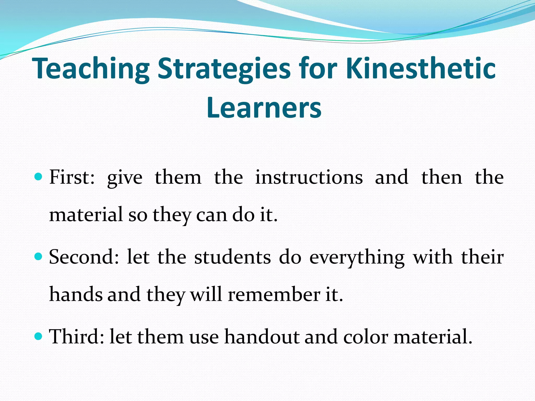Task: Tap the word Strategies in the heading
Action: coord(224,68)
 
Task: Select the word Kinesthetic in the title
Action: coord(421,68)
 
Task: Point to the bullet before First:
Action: coord(38,177)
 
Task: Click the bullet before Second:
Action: coord(38,257)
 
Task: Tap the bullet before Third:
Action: coord(38,337)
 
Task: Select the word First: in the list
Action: coord(72,177)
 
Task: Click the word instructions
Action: coord(309,177)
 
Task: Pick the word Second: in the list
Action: coord(84,257)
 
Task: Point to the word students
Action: coord(232,257)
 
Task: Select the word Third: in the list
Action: coord(77,337)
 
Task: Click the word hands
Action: coord(76,294)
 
